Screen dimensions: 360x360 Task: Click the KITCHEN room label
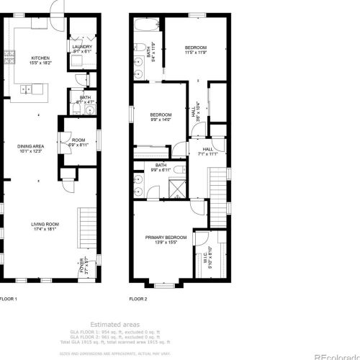[40, 58]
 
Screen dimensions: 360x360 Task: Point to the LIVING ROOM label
[45, 224]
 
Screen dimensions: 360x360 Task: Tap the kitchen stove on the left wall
[10, 58]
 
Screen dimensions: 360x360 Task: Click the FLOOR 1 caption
[8, 298]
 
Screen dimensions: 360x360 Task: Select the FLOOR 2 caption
[138, 298]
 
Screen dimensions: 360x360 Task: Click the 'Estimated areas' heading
[115, 324]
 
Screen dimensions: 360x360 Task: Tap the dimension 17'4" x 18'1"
[45, 230]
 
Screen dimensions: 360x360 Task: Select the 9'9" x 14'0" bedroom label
[161, 120]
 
